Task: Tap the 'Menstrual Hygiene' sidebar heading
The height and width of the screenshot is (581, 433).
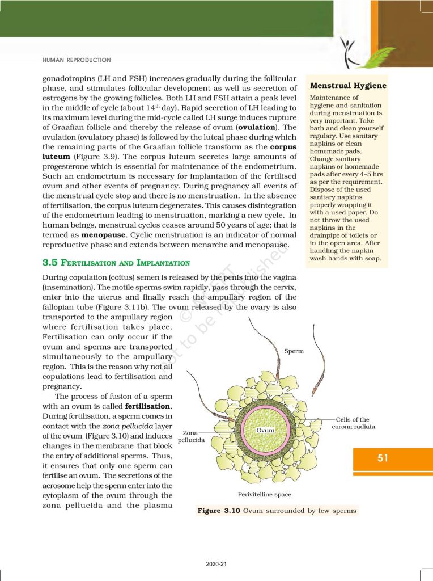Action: [348, 86]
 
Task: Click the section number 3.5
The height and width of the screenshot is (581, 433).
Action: [52, 263]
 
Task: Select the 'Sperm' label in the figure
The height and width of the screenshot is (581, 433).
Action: [294, 351]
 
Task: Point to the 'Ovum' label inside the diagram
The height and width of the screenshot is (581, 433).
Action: [265, 430]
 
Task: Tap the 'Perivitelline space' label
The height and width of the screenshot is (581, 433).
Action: [265, 495]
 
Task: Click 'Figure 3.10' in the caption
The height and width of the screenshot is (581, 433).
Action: [219, 511]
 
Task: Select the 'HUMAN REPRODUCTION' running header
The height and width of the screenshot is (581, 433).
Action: [77, 60]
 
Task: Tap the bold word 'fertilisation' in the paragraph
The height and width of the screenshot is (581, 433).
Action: [148, 407]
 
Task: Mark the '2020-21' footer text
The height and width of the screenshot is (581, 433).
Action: [216, 564]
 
